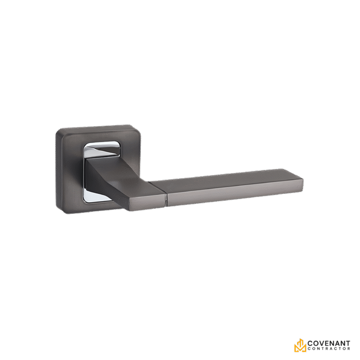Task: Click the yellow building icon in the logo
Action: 300,346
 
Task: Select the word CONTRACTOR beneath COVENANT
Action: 329,350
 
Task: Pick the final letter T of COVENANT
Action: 348,343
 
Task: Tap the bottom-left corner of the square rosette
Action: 60,212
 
